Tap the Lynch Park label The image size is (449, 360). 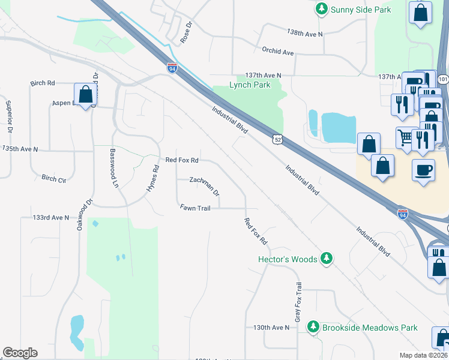pos(250,85)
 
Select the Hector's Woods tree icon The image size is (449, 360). pos(327,259)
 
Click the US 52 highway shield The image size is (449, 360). pos(277,139)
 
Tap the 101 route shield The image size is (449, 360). pos(443,79)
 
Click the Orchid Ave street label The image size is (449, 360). pos(277,52)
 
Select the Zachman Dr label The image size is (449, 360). pos(205,187)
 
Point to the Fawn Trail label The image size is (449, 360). pos(194,208)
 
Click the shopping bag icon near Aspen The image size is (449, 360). pos(85,94)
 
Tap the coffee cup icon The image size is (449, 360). pos(423,169)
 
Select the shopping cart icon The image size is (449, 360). pos(406,137)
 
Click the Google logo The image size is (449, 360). pos(20,353)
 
